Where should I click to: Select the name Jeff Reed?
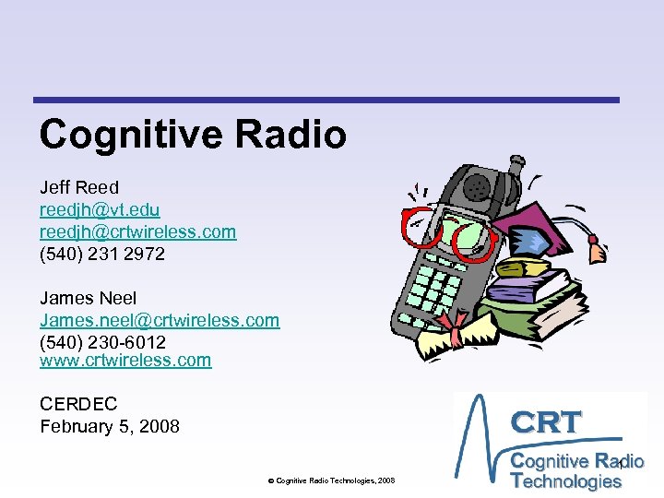(79, 188)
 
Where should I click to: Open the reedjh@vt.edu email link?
(100, 210)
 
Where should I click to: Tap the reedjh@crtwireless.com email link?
(137, 231)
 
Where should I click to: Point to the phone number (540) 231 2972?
(102, 254)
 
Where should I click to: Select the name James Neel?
(88, 298)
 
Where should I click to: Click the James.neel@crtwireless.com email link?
(159, 320)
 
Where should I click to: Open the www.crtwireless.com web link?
(125, 361)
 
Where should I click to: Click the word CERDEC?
(78, 404)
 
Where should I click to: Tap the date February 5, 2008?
(110, 426)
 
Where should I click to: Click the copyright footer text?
(331, 480)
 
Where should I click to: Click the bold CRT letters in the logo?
(547, 421)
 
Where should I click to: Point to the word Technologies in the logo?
(566, 480)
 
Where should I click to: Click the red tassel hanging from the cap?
(599, 250)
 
